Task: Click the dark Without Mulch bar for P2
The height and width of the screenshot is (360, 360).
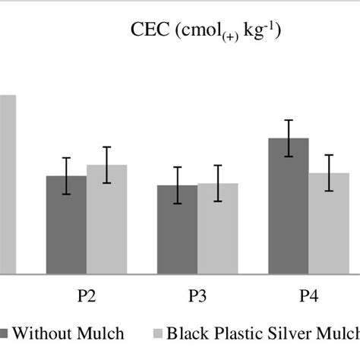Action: click(66, 228)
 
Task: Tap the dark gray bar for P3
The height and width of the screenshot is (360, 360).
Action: click(177, 232)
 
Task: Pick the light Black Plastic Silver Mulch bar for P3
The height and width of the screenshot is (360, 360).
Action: click(217, 231)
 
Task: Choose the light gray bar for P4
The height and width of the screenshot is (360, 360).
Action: click(329, 224)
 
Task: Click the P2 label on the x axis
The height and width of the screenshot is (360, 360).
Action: click(87, 296)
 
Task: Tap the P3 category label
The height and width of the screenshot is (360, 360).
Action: click(197, 296)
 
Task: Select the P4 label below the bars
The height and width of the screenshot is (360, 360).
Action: click(308, 296)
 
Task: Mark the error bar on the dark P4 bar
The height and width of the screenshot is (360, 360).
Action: click(289, 138)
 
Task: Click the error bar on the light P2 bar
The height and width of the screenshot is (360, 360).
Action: click(106, 165)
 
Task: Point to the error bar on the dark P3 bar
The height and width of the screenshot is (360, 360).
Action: click(177, 185)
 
